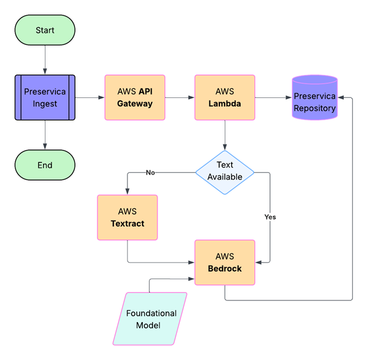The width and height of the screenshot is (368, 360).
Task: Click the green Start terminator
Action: tap(45, 30)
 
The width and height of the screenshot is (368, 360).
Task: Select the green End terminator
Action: tap(45, 165)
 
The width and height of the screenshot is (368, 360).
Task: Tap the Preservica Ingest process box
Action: tap(45, 97)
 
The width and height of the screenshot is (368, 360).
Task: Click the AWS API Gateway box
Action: tap(134, 97)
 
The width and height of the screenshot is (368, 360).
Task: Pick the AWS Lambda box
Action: tap(225, 97)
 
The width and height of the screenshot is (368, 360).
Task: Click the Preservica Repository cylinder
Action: tap(314, 98)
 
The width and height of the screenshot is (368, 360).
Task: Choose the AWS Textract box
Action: tap(127, 217)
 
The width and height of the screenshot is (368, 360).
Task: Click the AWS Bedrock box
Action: tap(225, 263)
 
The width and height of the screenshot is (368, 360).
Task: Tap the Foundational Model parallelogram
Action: tap(150, 319)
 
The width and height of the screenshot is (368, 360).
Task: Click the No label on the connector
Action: tap(150, 172)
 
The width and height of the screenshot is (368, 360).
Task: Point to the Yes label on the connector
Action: tap(270, 217)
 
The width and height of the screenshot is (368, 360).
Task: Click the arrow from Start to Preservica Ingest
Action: tap(45, 60)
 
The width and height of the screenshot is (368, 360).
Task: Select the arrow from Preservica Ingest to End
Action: tap(45, 135)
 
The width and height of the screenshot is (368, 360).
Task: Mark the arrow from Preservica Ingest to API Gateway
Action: tap(90, 97)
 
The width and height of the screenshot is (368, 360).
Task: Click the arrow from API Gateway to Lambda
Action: tap(180, 97)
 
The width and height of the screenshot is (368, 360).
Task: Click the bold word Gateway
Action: tap(134, 104)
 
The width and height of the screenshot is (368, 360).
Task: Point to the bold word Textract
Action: tap(127, 224)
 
